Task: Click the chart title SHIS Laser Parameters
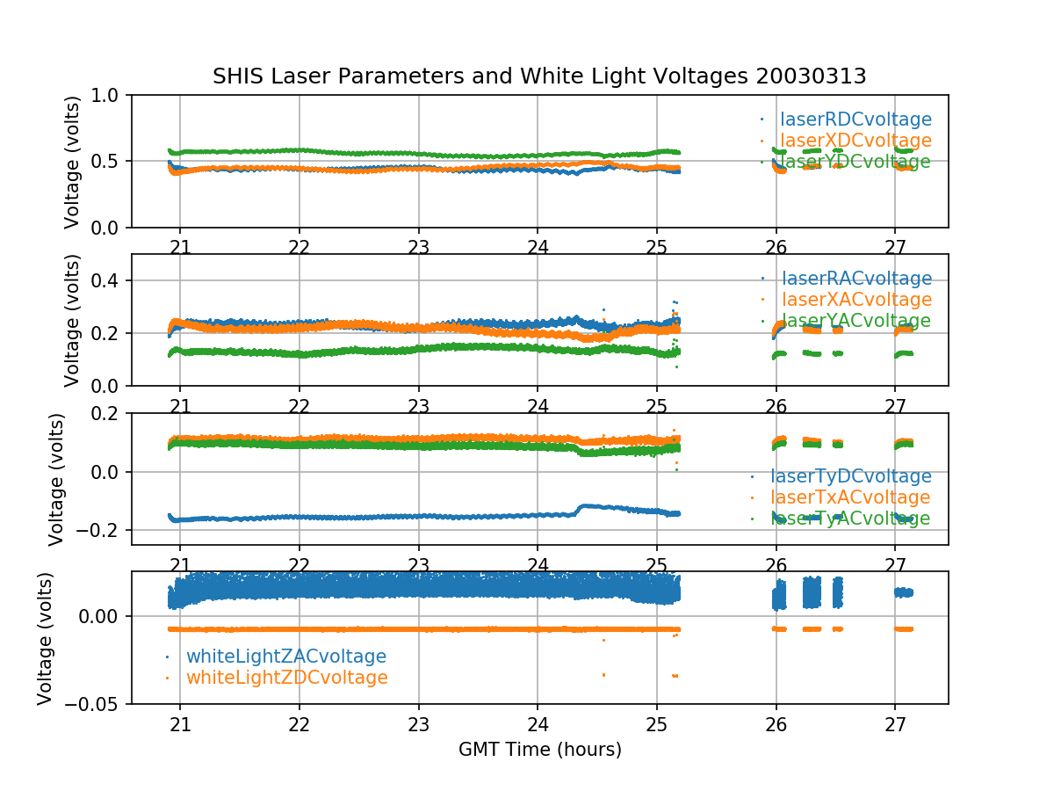[x=539, y=76]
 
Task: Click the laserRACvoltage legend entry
[x=855, y=279]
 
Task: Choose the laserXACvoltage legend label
[x=855, y=300]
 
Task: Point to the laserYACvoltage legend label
[x=855, y=321]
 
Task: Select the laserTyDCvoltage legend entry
[x=850, y=476]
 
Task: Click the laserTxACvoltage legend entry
[x=850, y=497]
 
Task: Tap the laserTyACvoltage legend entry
[x=850, y=519]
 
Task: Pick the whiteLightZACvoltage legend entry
[x=285, y=657]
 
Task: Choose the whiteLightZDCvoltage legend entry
[x=286, y=678]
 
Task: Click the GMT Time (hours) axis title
[x=539, y=750]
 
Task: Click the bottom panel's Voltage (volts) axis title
[x=46, y=637]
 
